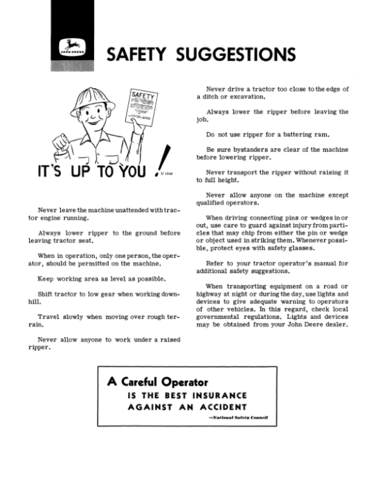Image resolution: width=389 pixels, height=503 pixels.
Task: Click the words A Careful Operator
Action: click(158, 382)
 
